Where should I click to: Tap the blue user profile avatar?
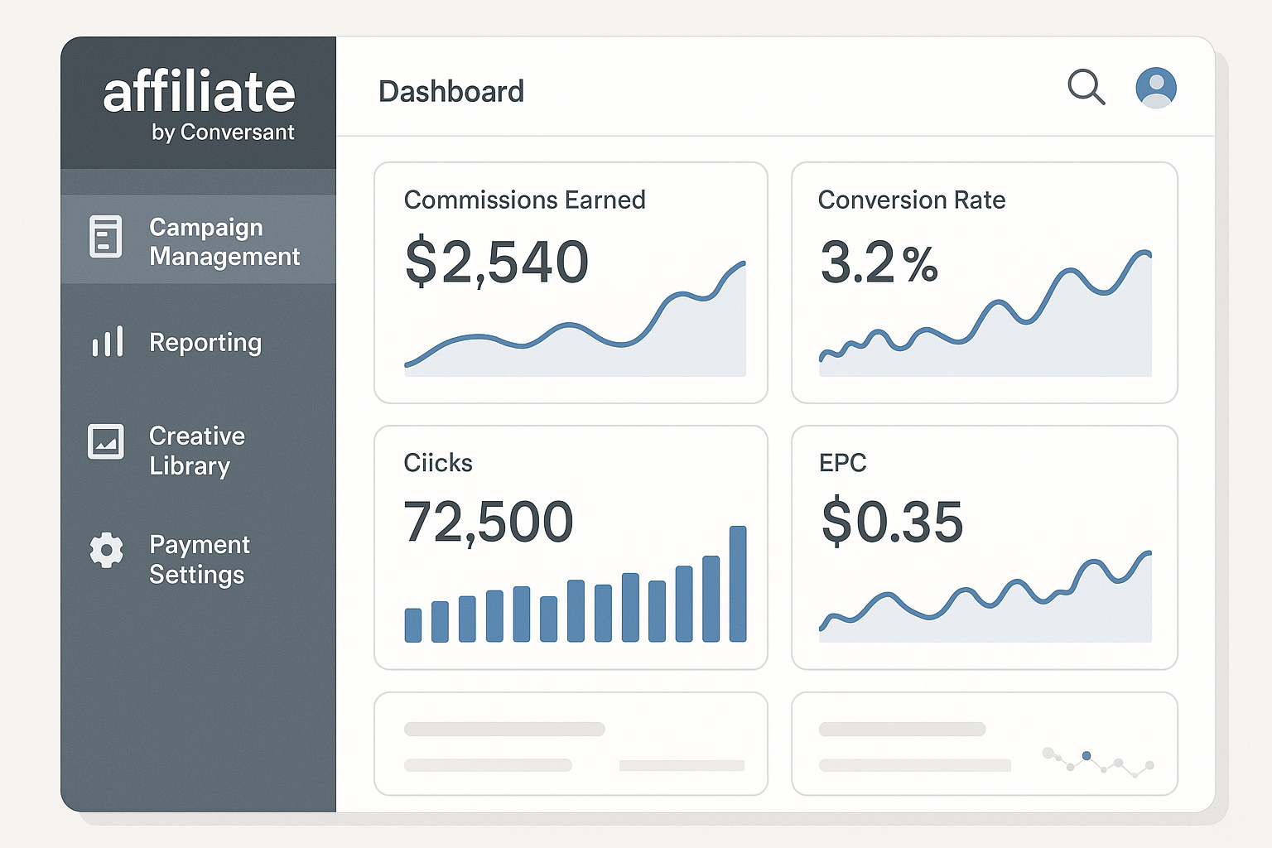(1156, 88)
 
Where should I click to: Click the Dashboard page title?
(451, 92)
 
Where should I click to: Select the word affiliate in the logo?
(199, 92)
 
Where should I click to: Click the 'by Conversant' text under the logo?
(223, 132)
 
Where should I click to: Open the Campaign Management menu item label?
(224, 242)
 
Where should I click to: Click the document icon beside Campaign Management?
(106, 237)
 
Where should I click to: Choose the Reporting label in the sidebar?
(205, 343)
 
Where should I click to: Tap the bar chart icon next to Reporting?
(108, 341)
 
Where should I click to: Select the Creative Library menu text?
(197, 450)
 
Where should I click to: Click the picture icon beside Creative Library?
(106, 441)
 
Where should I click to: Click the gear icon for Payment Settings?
(107, 550)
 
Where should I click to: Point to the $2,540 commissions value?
(496, 263)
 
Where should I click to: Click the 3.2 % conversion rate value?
(878, 263)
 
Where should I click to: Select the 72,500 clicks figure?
(488, 523)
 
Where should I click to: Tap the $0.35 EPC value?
(892, 523)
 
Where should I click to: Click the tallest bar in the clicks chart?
(737, 584)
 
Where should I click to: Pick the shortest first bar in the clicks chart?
(412, 625)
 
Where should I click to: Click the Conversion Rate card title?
(911, 200)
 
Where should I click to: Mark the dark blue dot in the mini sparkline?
(1086, 755)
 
